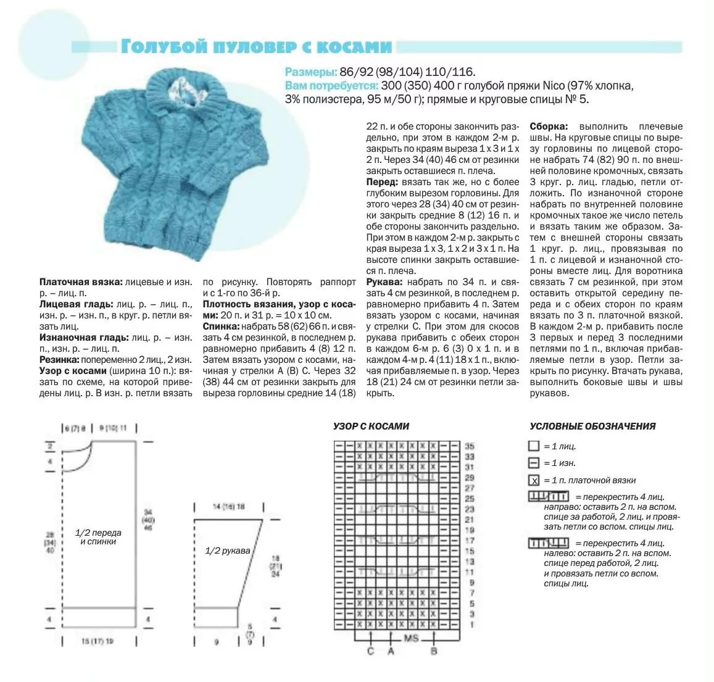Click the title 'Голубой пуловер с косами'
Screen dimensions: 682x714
257,48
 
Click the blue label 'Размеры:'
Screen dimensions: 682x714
311,72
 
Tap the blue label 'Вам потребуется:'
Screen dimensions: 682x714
331,85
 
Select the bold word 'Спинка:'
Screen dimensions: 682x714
222,326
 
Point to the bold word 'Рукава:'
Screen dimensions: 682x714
383,282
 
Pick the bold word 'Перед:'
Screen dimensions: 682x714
382,182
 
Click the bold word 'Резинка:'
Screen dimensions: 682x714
59,359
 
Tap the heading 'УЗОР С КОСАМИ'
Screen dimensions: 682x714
371,426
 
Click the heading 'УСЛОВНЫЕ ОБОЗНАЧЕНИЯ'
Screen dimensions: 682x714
592,426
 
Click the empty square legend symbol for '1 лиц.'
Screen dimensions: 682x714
534,446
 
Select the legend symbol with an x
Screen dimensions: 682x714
534,480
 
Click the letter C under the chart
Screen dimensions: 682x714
370,651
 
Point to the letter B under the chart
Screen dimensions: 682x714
434,651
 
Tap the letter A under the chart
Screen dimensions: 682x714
391,651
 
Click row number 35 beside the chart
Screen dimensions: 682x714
469,446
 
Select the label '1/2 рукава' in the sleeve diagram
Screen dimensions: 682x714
228,551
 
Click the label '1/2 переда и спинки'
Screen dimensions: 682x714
98,536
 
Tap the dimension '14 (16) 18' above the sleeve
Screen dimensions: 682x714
228,507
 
